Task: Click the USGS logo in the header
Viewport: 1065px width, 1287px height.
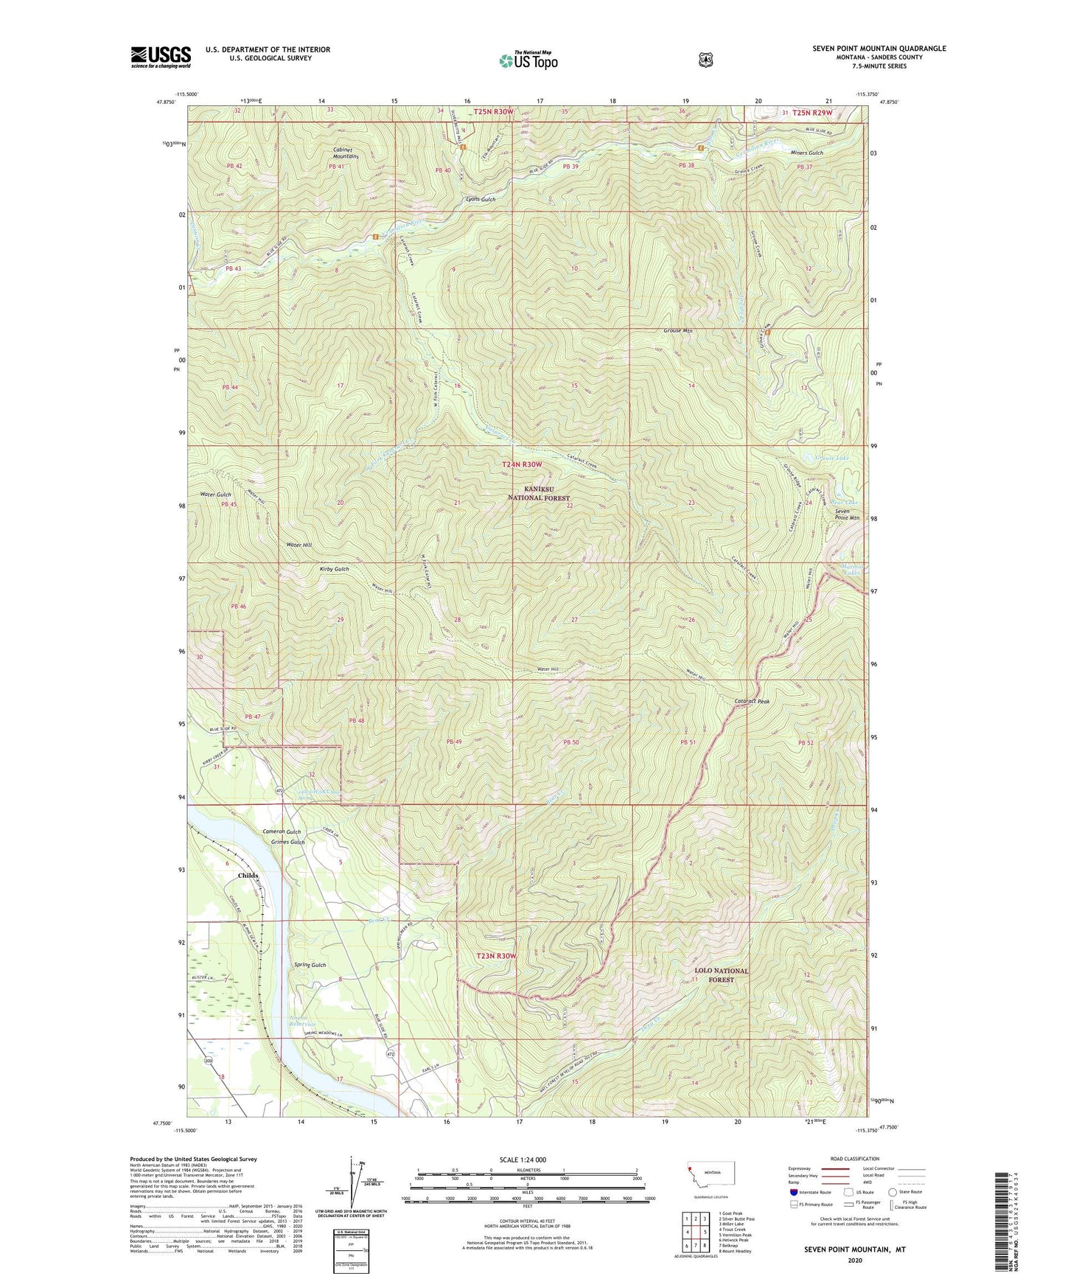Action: (161, 57)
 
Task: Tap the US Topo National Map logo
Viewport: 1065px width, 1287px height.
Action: (528, 60)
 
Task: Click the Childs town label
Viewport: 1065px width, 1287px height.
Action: (248, 875)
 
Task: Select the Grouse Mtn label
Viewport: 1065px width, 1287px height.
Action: (677, 331)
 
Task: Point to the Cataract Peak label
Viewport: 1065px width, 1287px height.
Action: (752, 701)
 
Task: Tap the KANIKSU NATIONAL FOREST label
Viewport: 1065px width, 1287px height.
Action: (537, 493)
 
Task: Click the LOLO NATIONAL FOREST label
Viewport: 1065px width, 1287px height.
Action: (721, 975)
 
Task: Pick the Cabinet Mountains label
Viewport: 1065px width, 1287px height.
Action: (345, 153)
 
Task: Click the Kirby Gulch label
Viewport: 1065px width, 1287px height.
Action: (334, 569)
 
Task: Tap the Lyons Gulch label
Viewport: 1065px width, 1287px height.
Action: (481, 199)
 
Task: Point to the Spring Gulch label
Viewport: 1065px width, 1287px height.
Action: (310, 965)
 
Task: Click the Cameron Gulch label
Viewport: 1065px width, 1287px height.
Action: (282, 831)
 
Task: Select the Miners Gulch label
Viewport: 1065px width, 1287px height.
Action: (806, 153)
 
